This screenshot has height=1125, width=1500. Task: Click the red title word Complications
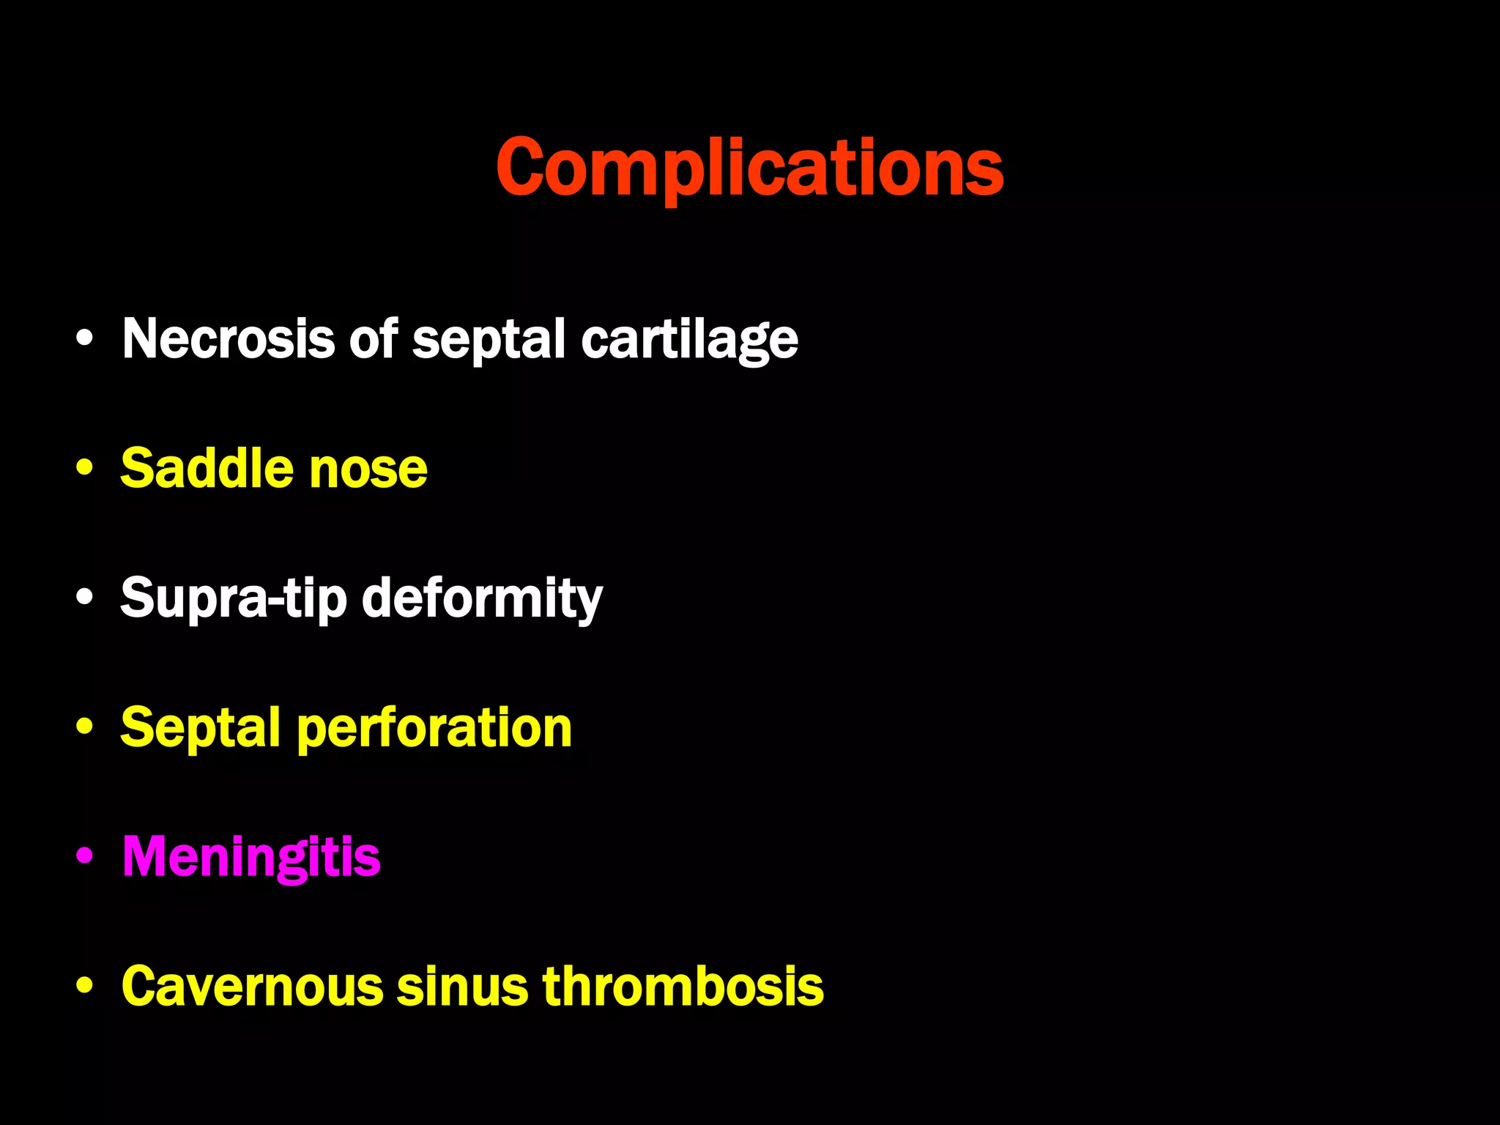coord(749,168)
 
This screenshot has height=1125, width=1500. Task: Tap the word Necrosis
coord(228,339)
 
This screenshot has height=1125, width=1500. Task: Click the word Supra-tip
coord(233,599)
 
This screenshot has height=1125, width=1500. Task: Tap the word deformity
coord(482,599)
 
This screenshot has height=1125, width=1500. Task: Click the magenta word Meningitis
coord(251,857)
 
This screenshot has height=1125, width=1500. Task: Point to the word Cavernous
coord(252,987)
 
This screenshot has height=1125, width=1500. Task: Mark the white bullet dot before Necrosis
coord(85,338)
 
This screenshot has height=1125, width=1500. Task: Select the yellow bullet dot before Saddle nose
coord(85,468)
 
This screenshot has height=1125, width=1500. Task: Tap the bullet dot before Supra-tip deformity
coord(85,598)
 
